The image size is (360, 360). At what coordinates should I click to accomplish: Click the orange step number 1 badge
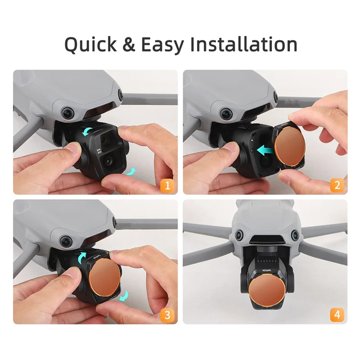click(x=167, y=184)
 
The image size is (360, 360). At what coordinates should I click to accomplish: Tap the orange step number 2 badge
click(x=337, y=184)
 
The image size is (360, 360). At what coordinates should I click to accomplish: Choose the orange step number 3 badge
click(x=167, y=315)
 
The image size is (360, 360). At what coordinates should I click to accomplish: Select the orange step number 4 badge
click(x=337, y=315)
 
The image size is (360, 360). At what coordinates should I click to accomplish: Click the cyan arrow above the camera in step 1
click(x=88, y=132)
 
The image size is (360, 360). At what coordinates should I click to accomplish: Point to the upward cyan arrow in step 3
click(x=83, y=257)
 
